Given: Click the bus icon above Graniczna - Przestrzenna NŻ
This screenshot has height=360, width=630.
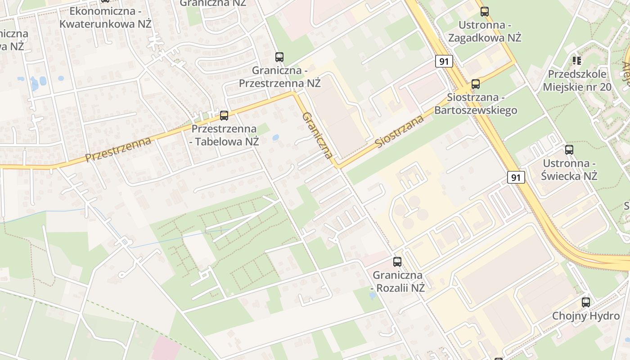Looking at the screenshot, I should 279,57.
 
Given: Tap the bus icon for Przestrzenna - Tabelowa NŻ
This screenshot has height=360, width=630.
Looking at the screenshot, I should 224,116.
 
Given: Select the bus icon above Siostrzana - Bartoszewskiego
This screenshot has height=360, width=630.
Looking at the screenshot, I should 476,84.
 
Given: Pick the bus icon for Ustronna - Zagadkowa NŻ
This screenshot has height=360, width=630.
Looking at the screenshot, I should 485,12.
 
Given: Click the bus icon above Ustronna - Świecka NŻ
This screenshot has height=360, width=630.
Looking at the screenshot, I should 569,150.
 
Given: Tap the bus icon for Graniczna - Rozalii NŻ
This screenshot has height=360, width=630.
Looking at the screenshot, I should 397,262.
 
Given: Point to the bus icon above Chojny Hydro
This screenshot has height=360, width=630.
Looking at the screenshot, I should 585,302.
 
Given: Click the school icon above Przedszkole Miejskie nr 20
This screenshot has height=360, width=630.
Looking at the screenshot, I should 577,60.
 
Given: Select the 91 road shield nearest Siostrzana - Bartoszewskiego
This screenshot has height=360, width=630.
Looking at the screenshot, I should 444,61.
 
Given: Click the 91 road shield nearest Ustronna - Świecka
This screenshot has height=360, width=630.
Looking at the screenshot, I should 516,177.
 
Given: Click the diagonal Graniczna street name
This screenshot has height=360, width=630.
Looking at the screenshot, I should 318,135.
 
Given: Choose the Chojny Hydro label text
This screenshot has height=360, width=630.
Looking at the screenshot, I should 586,316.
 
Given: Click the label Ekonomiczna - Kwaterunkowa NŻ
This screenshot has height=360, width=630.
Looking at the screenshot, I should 106,17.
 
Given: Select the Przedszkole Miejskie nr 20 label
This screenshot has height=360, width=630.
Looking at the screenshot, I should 577,80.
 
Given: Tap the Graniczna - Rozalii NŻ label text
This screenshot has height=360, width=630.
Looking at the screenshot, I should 398,281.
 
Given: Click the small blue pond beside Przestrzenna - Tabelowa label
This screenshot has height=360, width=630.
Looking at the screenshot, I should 275,137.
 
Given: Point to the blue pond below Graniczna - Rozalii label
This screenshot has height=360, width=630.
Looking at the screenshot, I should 372,296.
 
